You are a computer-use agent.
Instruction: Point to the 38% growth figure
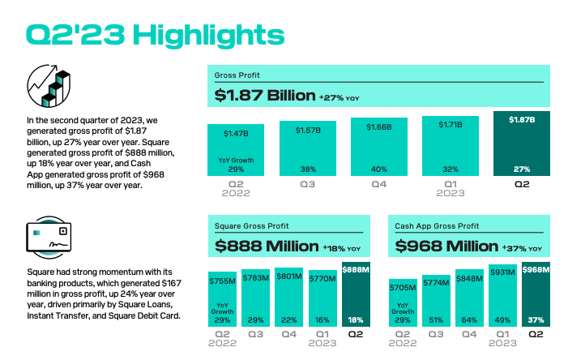[x=307, y=169]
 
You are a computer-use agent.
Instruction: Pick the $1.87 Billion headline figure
[x=265, y=96]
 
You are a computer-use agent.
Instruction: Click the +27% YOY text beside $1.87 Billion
[x=339, y=97]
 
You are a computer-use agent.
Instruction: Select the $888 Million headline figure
[x=267, y=246]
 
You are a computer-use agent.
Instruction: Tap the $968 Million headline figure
[x=447, y=246]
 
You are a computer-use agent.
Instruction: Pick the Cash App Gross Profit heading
[x=436, y=226]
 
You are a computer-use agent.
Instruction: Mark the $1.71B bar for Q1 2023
[x=450, y=146]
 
